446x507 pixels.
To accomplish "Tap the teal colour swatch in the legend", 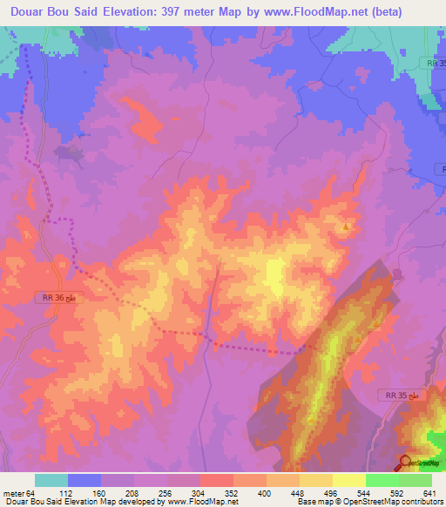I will click(x=51, y=480).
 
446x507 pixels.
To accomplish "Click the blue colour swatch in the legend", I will click(x=84, y=480).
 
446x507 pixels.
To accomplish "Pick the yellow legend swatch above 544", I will click(x=349, y=480).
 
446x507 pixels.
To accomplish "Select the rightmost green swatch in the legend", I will click(x=416, y=480).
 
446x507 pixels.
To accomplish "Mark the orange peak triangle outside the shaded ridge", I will click(x=347, y=228).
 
